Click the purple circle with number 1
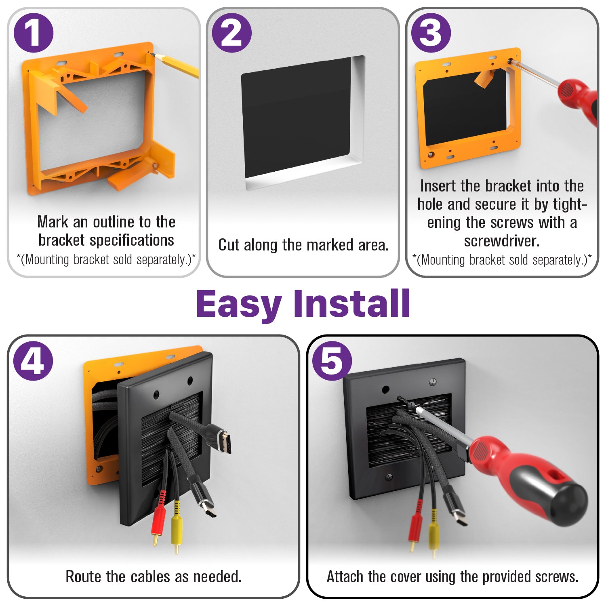(x=34, y=33)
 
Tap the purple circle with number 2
(x=232, y=33)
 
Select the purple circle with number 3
(x=431, y=33)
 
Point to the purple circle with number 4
(x=33, y=361)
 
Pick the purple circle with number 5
(x=332, y=361)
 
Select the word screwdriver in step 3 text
(x=501, y=241)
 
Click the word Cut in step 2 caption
(x=229, y=245)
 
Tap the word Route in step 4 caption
(x=84, y=577)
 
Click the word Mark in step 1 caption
(x=53, y=222)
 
